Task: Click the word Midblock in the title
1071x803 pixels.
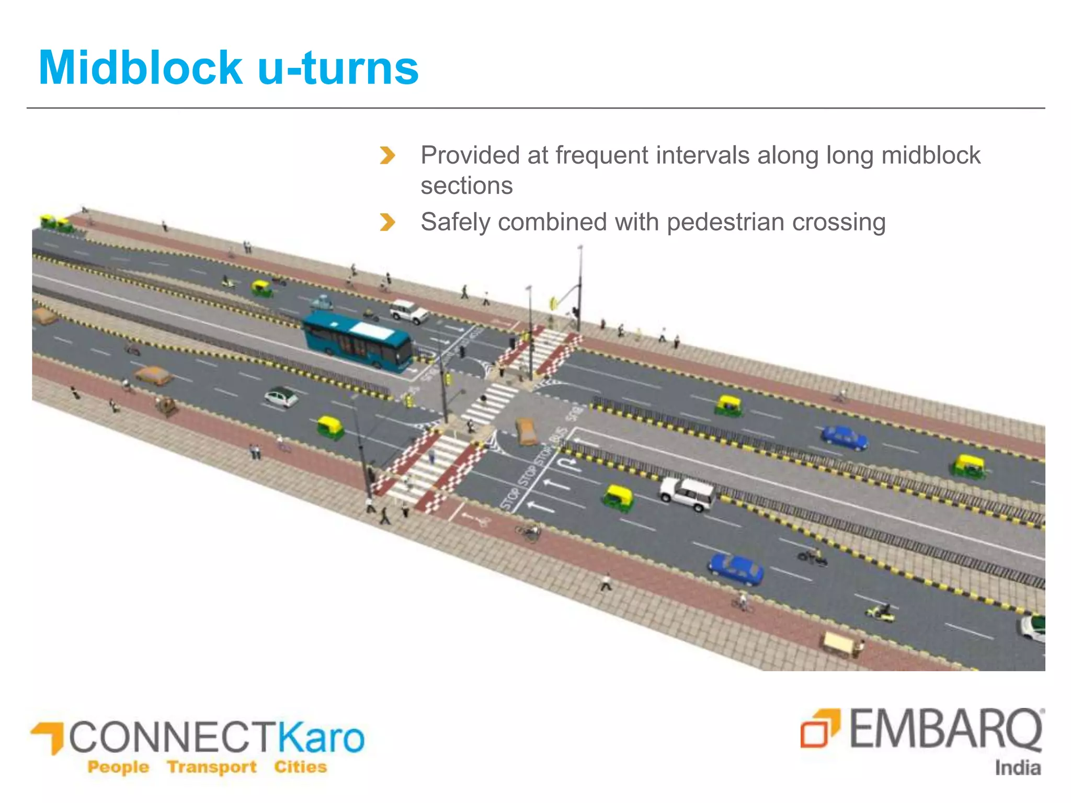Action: pos(140,68)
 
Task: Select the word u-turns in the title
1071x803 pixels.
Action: pos(338,68)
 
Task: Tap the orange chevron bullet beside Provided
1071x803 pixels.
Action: pos(387,155)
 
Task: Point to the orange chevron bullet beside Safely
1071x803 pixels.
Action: pos(387,222)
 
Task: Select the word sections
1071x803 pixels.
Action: pos(466,186)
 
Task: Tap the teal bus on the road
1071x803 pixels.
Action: pos(358,341)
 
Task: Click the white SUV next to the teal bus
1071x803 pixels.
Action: pos(409,311)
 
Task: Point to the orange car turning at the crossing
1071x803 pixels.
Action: pos(527,432)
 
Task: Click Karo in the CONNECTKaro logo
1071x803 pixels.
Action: pos(320,737)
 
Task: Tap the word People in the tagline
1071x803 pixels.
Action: pos(118,767)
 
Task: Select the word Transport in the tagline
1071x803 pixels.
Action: pos(212,767)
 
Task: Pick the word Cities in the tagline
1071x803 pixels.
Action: pos(300,767)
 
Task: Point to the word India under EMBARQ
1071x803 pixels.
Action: pos(1017,768)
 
